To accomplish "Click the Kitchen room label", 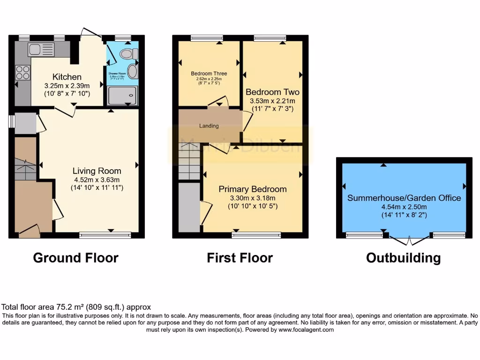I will tap(67, 77).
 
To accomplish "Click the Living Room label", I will tap(97, 171).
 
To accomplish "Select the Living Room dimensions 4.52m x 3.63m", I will tap(97, 180).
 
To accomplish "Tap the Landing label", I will tap(209, 126).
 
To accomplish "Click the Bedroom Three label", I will tap(209, 74).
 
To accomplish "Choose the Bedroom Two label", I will tap(272, 92).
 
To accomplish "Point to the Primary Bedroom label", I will tap(253, 189).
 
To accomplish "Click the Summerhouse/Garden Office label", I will tap(404, 198).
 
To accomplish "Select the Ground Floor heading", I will tap(75, 258).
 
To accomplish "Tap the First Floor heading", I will tap(240, 258).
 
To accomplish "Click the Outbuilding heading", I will tap(403, 258).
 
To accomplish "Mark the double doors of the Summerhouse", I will tap(408, 240).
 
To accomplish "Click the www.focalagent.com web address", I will tap(306, 330).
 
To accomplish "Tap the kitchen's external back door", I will tap(91, 34).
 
